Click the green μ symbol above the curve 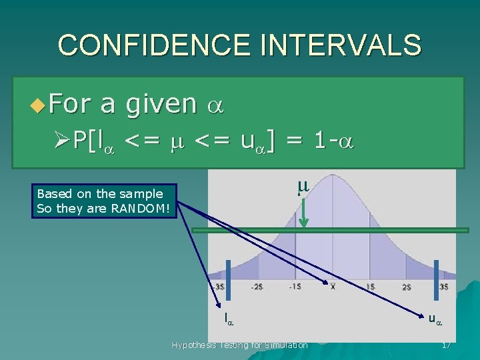coord(303,189)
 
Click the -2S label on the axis coord(257,287)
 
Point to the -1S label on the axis coord(295,287)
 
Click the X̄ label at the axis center coord(333,287)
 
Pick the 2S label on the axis coord(407,287)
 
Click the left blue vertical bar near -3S coord(228,275)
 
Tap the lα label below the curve coord(229,319)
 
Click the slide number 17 coord(446,345)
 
